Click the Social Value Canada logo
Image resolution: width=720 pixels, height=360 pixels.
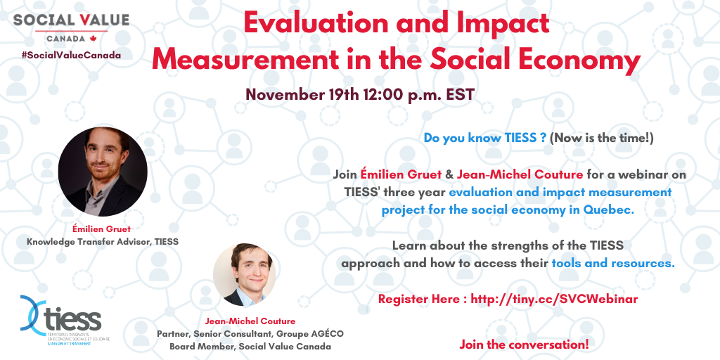pyautogui.click(x=71, y=28)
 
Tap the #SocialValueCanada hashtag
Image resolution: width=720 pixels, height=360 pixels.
pyautogui.click(x=71, y=55)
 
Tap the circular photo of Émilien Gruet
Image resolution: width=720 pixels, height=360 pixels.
pyautogui.click(x=103, y=172)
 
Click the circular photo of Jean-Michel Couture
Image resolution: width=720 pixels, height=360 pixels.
pyautogui.click(x=245, y=275)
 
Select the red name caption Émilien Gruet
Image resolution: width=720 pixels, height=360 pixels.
pyautogui.click(x=101, y=229)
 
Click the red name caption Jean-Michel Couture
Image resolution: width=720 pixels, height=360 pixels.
pyautogui.click(x=250, y=321)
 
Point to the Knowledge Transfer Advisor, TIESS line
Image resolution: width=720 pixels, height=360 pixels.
pyautogui.click(x=103, y=242)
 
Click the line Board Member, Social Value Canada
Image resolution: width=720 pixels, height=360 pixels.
pyautogui.click(x=250, y=346)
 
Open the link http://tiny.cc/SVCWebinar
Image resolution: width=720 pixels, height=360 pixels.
pyautogui.click(x=554, y=299)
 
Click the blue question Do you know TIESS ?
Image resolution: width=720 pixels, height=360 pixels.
pyautogui.click(x=485, y=138)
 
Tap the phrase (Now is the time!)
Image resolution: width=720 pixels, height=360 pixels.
pyautogui.click(x=601, y=138)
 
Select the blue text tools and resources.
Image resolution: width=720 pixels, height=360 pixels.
pyautogui.click(x=613, y=264)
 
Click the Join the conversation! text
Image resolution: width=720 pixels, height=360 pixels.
pyautogui.click(x=524, y=344)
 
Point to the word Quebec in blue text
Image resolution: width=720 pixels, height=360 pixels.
pyautogui.click(x=609, y=210)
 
